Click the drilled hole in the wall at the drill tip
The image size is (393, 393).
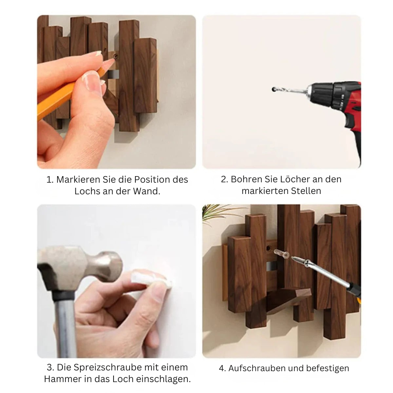coord(273,89)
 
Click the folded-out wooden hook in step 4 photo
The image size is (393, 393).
coord(288,299)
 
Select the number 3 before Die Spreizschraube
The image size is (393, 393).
coord(50,368)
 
